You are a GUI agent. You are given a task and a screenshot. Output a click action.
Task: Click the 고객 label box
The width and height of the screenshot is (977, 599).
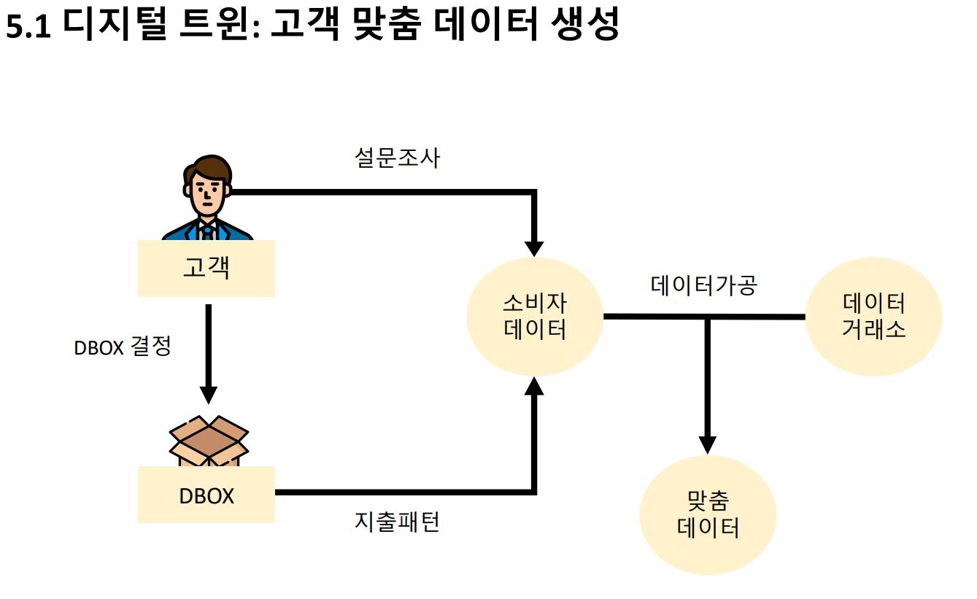coord(206,268)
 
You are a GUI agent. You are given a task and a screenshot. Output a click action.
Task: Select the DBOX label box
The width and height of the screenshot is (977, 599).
coord(206,495)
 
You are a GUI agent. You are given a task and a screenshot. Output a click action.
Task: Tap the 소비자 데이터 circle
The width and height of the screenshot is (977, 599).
coord(535,317)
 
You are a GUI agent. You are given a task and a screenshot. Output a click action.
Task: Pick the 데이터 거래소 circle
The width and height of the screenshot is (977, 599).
coord(873,317)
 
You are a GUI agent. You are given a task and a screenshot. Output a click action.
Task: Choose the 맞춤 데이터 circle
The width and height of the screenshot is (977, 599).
coord(708,515)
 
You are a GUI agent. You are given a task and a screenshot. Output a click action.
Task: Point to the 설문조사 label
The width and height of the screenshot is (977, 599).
coord(398,158)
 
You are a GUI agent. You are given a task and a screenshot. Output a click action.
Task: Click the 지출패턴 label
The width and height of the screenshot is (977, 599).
coord(398,522)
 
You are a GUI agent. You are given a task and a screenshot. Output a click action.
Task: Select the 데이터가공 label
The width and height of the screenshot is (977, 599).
coord(704,285)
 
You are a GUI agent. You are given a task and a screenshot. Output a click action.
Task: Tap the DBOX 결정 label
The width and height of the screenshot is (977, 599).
coord(123,347)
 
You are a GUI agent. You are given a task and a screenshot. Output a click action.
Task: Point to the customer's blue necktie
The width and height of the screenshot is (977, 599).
coord(207,233)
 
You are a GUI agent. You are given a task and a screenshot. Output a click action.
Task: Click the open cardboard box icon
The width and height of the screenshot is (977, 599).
coord(209,438)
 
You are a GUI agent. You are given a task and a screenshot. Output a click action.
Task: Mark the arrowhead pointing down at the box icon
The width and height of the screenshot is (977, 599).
coord(209,394)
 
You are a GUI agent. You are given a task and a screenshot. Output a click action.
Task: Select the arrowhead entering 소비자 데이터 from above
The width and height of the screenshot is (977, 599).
coord(535,247)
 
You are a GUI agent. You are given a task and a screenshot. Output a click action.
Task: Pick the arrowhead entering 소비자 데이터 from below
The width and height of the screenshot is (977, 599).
coord(535,386)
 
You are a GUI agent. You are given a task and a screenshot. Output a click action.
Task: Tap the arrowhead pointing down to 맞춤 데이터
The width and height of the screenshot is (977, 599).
coord(707,444)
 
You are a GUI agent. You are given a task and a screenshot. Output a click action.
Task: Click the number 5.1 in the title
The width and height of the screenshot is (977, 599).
coord(28,27)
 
